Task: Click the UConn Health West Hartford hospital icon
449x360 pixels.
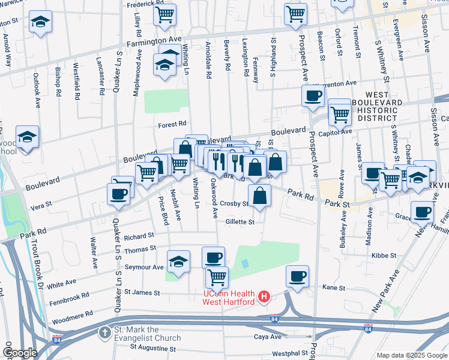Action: point(263,296)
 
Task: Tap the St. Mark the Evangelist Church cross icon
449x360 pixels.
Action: point(105,332)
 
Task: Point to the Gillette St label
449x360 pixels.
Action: point(240,222)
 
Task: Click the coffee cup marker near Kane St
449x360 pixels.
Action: point(297,276)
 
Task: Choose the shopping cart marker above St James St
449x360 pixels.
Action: point(216,277)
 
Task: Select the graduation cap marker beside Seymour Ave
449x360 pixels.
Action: point(178,262)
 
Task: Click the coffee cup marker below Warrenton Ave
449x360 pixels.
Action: point(312,95)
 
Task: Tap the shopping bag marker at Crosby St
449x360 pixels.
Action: point(259,195)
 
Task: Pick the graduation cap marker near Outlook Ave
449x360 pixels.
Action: point(41,22)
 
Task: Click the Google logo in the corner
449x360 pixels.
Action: point(19,353)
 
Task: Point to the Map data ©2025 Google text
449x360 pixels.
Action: point(411,355)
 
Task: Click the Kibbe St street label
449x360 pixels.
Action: point(384,256)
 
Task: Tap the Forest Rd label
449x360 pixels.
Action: point(172,125)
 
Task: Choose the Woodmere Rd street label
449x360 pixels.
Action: point(73,313)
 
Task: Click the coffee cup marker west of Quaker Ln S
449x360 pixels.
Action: point(118,194)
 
